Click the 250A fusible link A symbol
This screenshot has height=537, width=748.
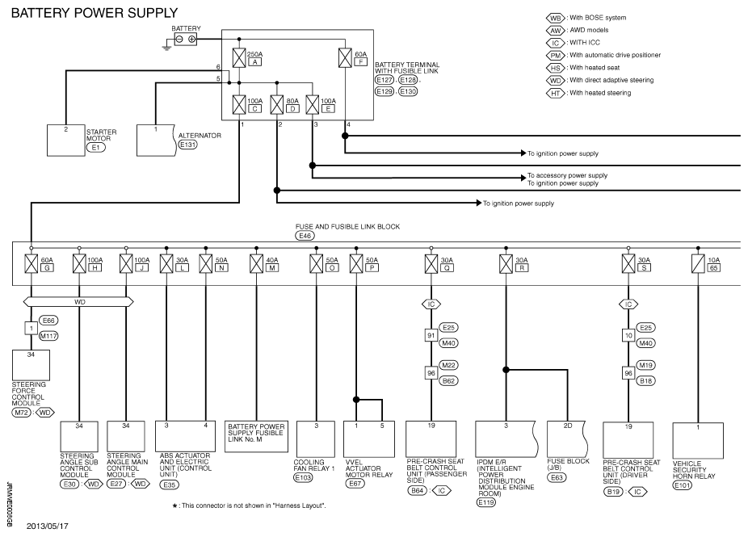[x=239, y=57]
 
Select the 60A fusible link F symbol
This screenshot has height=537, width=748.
[x=345, y=57]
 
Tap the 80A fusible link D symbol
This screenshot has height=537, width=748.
[x=277, y=105]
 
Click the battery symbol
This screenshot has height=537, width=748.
[x=186, y=40]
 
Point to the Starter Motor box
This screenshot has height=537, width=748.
[x=65, y=141]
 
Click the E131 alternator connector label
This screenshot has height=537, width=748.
[x=187, y=145]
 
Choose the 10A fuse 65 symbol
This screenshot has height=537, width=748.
[x=698, y=264]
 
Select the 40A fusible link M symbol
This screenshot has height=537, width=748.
[x=256, y=264]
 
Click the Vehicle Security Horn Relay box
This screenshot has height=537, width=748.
[x=698, y=441]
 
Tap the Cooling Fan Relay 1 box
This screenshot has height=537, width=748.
[x=316, y=439]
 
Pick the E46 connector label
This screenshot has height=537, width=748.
[x=305, y=236]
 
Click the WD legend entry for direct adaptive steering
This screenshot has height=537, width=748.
[x=599, y=80]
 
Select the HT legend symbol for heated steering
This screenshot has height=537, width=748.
[x=555, y=94]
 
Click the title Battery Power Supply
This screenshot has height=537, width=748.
[x=95, y=13]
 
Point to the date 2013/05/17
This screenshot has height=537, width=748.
[x=47, y=527]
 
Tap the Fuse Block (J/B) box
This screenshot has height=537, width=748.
[x=566, y=439]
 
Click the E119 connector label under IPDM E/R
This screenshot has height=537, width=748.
[x=486, y=502]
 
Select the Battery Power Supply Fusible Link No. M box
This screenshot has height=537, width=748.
[x=256, y=436]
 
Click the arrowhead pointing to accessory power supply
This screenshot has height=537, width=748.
[x=523, y=178]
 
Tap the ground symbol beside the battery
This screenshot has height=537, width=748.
[x=166, y=47]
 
